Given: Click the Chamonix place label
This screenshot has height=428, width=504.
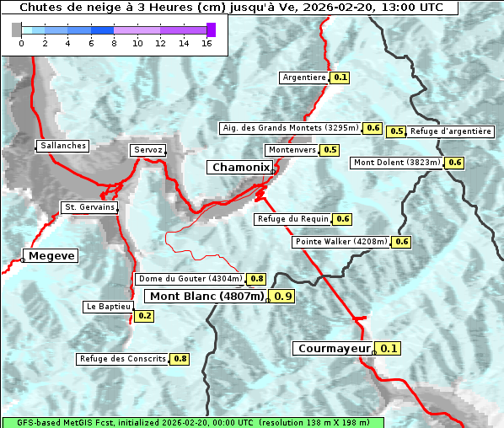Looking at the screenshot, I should pos(240,168).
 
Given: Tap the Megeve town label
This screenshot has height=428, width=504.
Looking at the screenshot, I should pos(52,256).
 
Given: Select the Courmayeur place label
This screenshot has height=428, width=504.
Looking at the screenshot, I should pos(335,348).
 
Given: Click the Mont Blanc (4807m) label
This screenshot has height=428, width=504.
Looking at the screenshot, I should pos(207,296).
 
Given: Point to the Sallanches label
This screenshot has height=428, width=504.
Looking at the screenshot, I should pos(63,146).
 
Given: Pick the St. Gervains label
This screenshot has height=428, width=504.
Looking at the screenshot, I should pos(89,207).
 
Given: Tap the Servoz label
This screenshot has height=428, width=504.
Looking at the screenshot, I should pos(147,150).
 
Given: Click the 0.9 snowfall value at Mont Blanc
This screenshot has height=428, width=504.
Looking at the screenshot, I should pos(283,296).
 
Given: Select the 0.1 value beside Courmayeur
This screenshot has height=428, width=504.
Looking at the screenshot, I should pos(389,348).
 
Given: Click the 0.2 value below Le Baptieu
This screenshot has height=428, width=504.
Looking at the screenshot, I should pos(144,316).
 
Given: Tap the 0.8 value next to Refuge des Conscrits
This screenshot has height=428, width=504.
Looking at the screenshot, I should pos(180,359).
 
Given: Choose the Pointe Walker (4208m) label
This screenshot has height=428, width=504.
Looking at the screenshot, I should pos(341,242).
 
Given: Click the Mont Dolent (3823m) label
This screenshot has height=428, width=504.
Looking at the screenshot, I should pos(397,163).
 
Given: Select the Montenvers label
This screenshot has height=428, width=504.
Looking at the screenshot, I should pos(292,150).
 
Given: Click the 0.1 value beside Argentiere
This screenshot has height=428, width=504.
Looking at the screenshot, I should pos(340,78).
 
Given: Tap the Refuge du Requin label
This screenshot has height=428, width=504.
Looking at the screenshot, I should pos(292,219).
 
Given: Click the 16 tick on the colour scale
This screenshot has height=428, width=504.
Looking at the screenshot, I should pos(206,43).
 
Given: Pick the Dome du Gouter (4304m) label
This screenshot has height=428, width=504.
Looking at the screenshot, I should pos(190,279).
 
